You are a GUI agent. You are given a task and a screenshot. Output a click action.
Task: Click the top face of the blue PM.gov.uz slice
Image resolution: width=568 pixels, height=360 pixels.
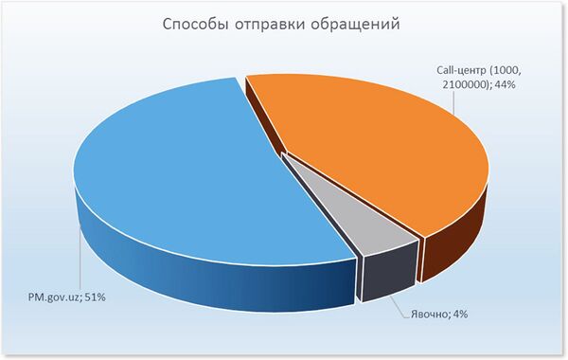tap(189, 171)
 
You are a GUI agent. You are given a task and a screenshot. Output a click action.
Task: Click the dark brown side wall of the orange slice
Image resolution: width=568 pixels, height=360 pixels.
tap(454, 237)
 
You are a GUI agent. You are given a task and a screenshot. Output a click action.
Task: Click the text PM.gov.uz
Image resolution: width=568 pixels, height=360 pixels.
tap(55, 297)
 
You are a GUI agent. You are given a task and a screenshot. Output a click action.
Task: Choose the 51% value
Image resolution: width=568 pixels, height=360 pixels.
tap(98, 297)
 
